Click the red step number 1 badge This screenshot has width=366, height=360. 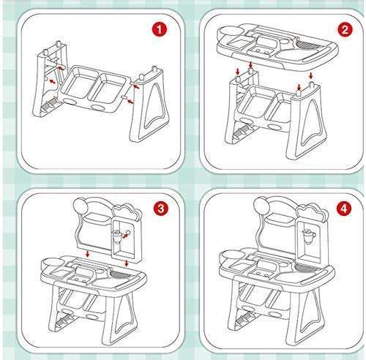(x=160, y=30)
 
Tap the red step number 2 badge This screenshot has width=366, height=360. (x=345, y=30)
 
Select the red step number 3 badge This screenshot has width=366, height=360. (x=161, y=209)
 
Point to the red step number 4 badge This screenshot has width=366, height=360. (x=343, y=209)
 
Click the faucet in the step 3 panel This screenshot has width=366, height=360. (x=117, y=236)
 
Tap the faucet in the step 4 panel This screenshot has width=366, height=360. (x=309, y=237)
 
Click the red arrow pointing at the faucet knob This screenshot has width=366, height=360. (x=125, y=236)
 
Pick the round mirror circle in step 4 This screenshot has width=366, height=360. (x=261, y=204)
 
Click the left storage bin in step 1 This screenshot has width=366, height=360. (x=76, y=83)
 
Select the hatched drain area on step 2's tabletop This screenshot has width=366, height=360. (x=307, y=45)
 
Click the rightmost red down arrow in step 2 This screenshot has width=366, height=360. (x=311, y=75)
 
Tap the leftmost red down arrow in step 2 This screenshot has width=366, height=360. (x=238, y=72)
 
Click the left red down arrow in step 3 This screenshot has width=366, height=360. (x=88, y=254)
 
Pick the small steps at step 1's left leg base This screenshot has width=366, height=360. (x=50, y=104)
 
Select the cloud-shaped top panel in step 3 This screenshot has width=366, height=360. (x=127, y=213)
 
